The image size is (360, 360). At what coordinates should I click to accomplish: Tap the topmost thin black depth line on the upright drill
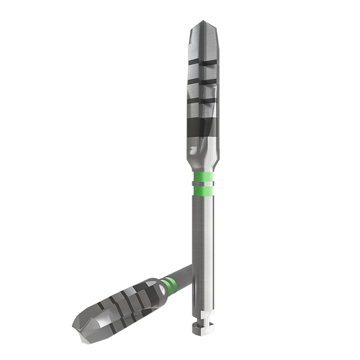203,62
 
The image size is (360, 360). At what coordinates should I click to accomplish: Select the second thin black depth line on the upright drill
203,81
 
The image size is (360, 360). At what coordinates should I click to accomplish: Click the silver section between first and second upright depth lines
203,71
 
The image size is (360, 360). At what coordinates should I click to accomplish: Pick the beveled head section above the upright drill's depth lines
203,42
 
